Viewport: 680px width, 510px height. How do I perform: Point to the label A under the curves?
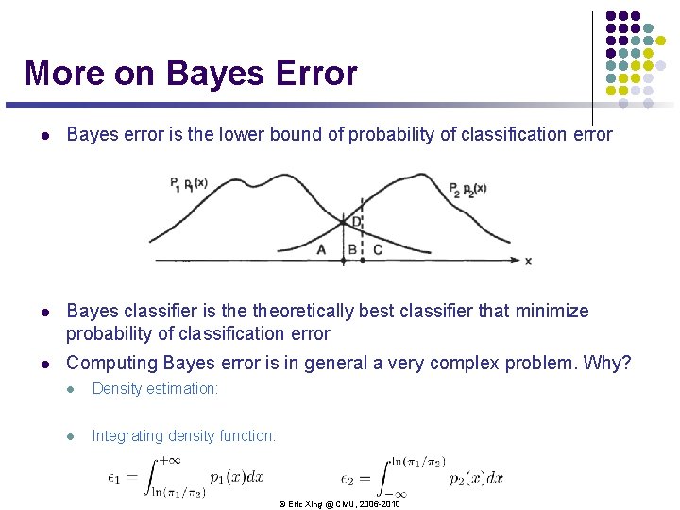coord(321,249)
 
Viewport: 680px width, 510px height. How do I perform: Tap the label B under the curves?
coord(352,249)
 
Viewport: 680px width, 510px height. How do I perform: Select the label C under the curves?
coord(378,249)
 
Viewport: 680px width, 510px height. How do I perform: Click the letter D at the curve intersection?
coord(356,221)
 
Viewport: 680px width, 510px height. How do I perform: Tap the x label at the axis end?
coord(528,260)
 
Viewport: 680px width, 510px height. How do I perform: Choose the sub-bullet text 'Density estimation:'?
coord(155,388)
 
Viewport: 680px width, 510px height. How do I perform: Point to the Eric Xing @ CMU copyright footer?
coord(339,504)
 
